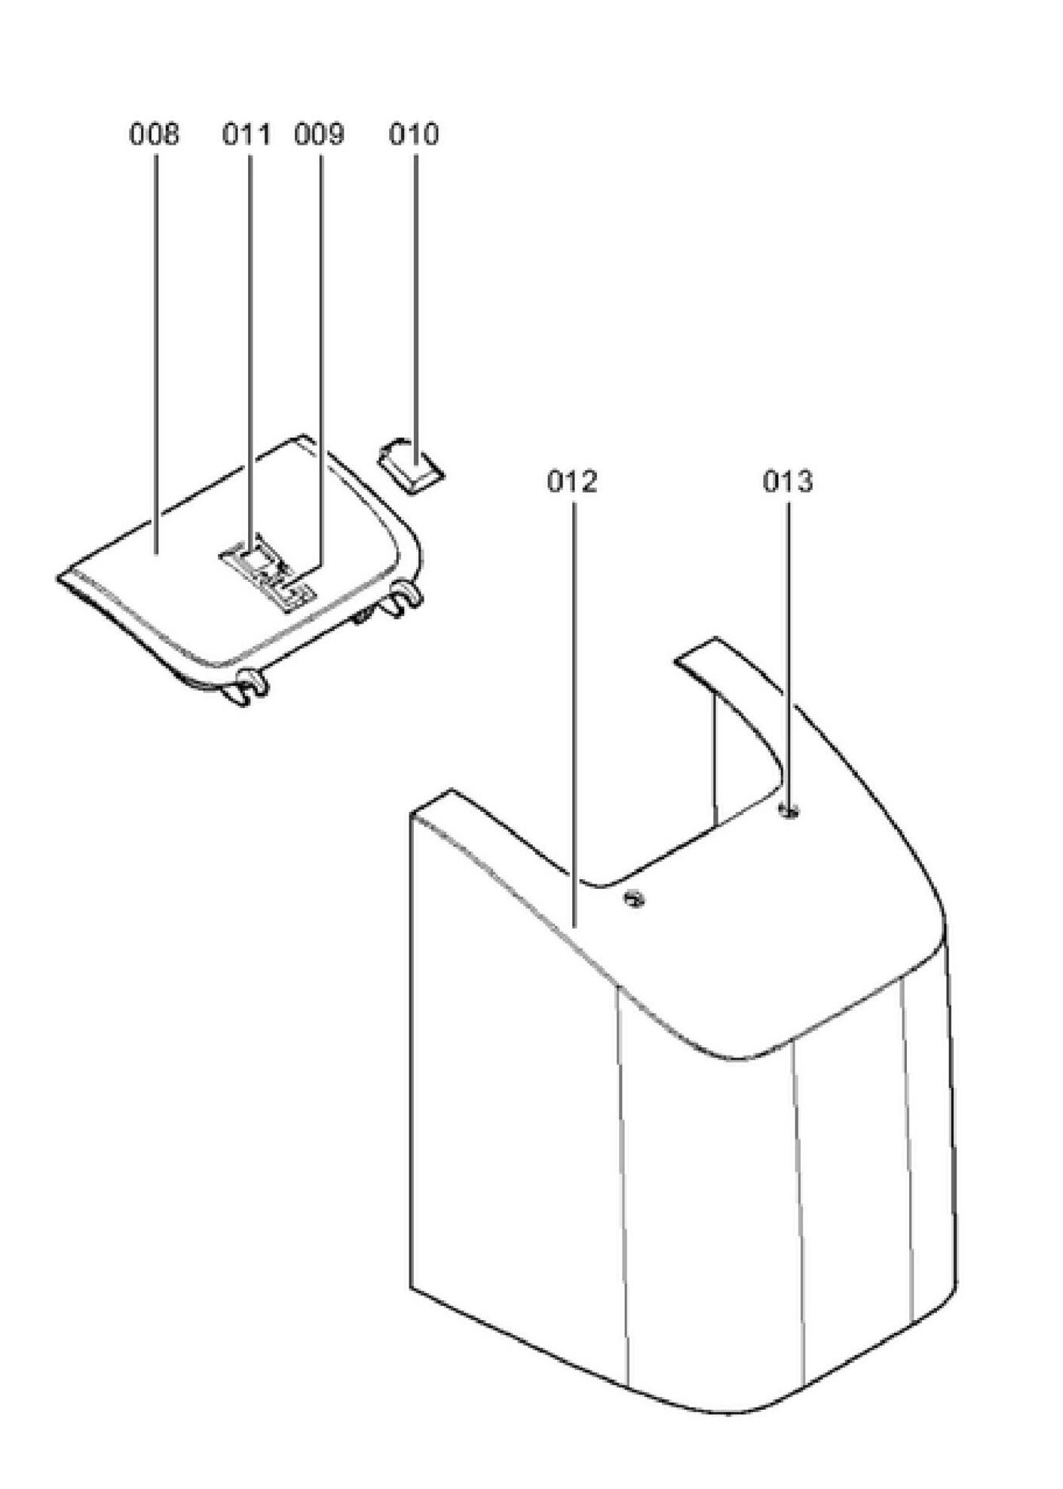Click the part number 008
point(155,135)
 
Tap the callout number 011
point(246,135)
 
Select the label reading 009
point(319,135)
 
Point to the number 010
point(413,135)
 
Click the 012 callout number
point(572,481)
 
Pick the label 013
point(788,481)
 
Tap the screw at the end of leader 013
point(789,811)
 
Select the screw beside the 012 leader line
point(634,898)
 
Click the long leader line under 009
point(320,354)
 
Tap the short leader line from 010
point(415,302)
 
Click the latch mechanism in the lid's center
point(268,574)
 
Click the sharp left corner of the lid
point(60,578)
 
